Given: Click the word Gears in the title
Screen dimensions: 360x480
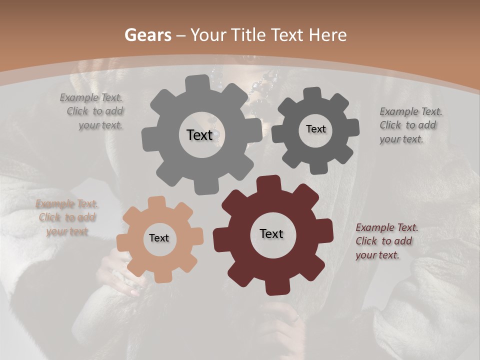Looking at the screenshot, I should (147, 35).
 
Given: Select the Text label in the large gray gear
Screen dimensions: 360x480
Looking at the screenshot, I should (199, 135).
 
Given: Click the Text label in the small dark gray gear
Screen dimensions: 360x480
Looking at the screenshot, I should (315, 129).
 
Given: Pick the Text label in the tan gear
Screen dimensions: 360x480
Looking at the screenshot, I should (159, 238).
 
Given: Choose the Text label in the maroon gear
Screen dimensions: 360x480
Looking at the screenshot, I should (271, 233).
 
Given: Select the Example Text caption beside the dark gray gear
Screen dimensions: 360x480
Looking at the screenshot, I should (410, 125).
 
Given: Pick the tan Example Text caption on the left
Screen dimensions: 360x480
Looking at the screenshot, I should (67, 217).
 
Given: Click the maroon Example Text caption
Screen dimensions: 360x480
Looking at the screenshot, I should (386, 241).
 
